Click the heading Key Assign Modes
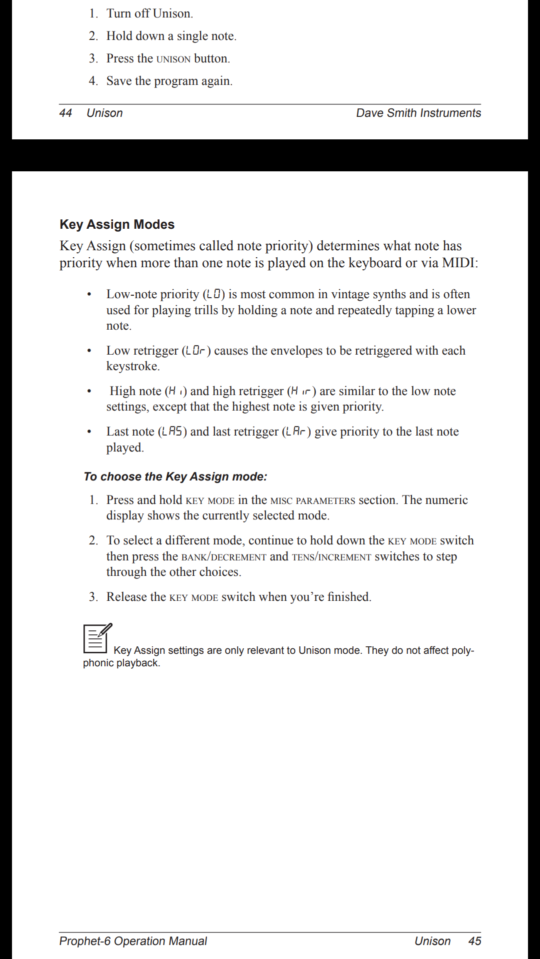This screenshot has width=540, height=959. pyautogui.click(x=117, y=225)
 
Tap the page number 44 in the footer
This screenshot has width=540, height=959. pyautogui.click(x=65, y=113)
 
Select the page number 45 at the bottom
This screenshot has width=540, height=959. pyautogui.click(x=474, y=941)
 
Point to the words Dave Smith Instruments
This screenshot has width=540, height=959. pyautogui.click(x=418, y=113)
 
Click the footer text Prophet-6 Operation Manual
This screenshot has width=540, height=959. pyautogui.click(x=133, y=941)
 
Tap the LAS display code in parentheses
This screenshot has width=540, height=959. pyautogui.click(x=172, y=432)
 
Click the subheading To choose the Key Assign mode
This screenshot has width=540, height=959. pyautogui.click(x=175, y=477)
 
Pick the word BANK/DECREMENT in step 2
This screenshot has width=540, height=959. pyautogui.click(x=223, y=557)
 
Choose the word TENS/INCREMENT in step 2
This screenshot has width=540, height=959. pyautogui.click(x=331, y=557)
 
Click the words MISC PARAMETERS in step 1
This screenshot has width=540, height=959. pyautogui.click(x=312, y=500)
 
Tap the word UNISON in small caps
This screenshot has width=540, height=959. pyautogui.click(x=173, y=59)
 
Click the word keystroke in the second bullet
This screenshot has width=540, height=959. pyautogui.click(x=132, y=366)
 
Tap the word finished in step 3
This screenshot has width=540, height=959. pyautogui.click(x=348, y=597)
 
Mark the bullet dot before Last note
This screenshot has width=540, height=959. pyautogui.click(x=89, y=432)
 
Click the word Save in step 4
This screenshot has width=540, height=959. pyautogui.click(x=118, y=81)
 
